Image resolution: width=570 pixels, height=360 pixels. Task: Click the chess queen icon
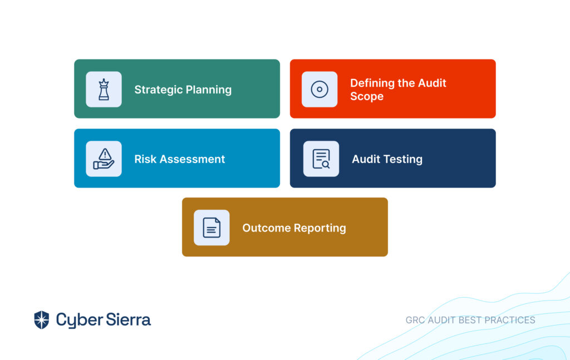pos(104,90)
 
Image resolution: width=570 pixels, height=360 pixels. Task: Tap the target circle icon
pos(320,90)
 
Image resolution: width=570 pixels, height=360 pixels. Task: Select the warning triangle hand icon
pos(104,159)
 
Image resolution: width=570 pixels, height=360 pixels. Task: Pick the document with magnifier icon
pos(321,159)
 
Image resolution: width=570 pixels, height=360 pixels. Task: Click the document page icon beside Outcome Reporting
pos(212,228)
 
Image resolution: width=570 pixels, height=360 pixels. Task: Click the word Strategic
pos(159,90)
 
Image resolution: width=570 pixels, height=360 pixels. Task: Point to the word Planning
pos(209,90)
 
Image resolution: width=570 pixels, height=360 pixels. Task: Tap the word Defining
pos(372,83)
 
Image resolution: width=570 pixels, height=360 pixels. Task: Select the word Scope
pos(367,97)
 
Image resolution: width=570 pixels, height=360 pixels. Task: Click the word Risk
pos(145,159)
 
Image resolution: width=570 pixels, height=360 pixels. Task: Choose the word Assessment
pos(192,159)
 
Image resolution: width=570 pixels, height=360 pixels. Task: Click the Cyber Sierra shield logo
pos(41,320)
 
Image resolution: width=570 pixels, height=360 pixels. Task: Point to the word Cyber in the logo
pos(79,320)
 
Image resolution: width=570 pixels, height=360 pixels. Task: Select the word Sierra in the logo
pos(129,320)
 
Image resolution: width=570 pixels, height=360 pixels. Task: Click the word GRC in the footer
pos(415,320)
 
